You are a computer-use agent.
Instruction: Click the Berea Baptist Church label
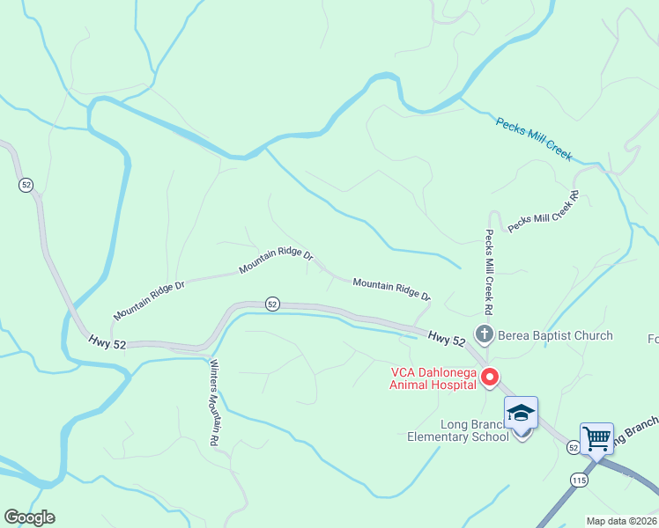tap(543, 335)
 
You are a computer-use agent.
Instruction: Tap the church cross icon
tap(484, 334)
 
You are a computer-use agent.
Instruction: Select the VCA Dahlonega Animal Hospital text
tap(434, 378)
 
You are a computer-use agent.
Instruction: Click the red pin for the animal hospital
tap(490, 378)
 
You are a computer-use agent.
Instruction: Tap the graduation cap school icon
tap(521, 413)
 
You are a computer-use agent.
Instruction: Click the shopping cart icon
tap(596, 437)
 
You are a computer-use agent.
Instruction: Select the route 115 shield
tap(578, 480)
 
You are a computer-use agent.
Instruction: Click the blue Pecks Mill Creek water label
tap(534, 139)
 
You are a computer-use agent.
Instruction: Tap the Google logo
tap(29, 517)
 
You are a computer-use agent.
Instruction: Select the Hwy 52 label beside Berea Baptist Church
tap(447, 338)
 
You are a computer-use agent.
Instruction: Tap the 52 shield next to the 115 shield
tap(574, 448)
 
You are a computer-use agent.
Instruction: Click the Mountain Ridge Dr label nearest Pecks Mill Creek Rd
tap(391, 288)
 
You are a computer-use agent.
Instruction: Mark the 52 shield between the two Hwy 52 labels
tap(272, 304)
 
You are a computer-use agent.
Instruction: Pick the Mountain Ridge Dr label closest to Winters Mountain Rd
tap(149, 299)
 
